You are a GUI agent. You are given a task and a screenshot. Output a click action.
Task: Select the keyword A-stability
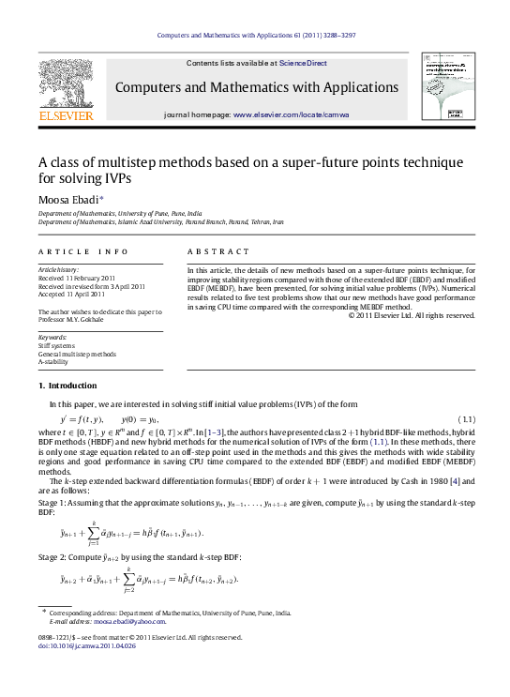(x=55, y=361)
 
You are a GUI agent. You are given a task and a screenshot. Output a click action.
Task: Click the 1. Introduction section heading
(x=67, y=386)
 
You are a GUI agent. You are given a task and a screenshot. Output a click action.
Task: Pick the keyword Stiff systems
(x=58, y=344)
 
